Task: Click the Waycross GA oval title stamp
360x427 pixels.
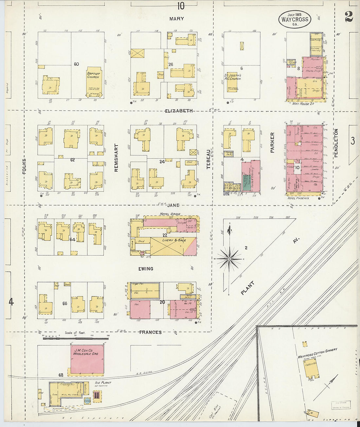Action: point(295,19)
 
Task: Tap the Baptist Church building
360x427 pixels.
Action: point(93,82)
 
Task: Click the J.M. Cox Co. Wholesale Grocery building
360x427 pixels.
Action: point(87,358)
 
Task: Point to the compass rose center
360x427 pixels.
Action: point(229,258)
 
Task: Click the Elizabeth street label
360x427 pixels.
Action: point(179,111)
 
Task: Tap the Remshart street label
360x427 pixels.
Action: point(116,158)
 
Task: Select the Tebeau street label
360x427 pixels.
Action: point(208,159)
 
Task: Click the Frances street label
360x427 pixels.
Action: point(150,332)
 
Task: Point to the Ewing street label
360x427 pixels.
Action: point(146,269)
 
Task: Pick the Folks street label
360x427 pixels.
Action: point(24,166)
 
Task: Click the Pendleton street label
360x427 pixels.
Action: point(336,143)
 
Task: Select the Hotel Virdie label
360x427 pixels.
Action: point(170,214)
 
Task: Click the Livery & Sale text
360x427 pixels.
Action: point(174,240)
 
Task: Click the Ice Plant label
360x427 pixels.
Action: point(103,383)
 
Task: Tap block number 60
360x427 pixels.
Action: point(76,64)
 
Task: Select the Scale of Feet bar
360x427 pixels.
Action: point(76,338)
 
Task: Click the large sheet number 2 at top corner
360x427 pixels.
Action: point(349,16)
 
